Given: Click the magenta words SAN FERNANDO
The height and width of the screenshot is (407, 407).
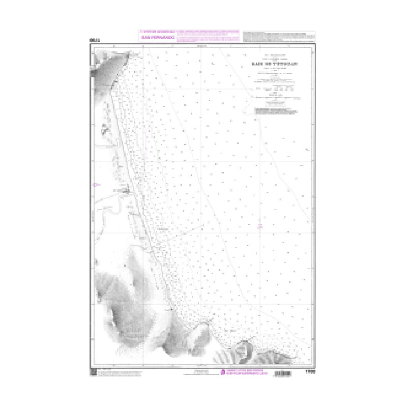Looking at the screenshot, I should [x=158, y=38].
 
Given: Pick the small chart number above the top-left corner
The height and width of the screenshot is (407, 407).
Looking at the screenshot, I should [x=92, y=40].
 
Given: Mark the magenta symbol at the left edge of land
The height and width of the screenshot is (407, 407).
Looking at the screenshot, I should [x=94, y=185].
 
